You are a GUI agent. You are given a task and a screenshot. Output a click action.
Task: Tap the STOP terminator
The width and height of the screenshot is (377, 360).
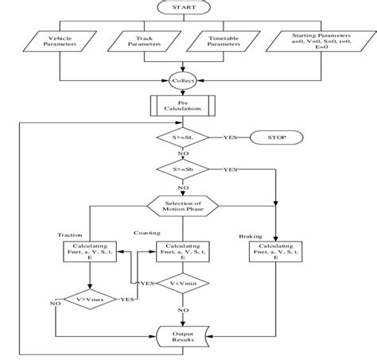(x=278, y=138)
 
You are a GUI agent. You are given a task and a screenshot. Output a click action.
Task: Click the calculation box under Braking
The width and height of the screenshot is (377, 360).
(x=274, y=252)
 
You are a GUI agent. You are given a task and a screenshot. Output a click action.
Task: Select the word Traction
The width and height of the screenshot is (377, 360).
(x=71, y=234)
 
